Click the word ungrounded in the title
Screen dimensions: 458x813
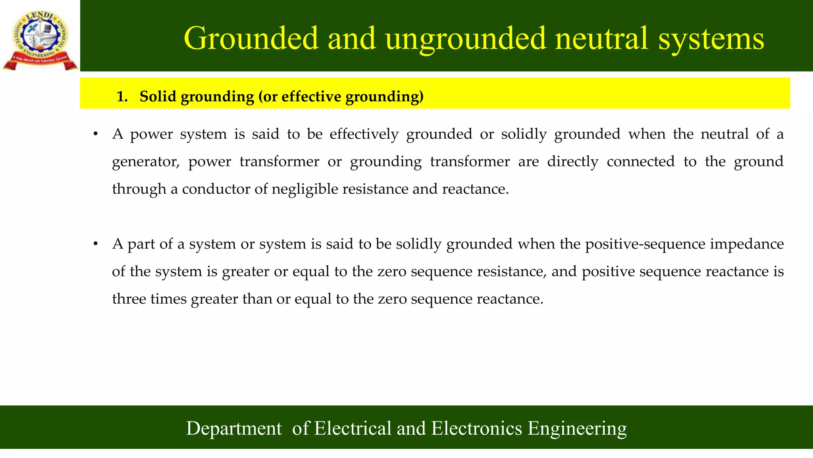tap(465, 39)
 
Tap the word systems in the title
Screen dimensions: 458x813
tap(711, 39)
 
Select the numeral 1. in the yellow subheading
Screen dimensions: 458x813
tap(122, 97)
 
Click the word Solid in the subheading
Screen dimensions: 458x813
tap(158, 97)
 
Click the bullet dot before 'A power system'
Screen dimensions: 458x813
tap(95, 134)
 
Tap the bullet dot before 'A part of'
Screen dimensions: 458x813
tap(95, 244)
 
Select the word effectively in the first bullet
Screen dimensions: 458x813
tap(364, 134)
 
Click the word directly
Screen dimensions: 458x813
tap(572, 162)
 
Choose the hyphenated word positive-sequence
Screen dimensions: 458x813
tap(645, 244)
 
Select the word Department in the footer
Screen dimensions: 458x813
tap(234, 429)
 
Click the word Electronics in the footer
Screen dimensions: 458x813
tap(476, 429)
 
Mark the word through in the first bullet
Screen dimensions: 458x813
tap(139, 189)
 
